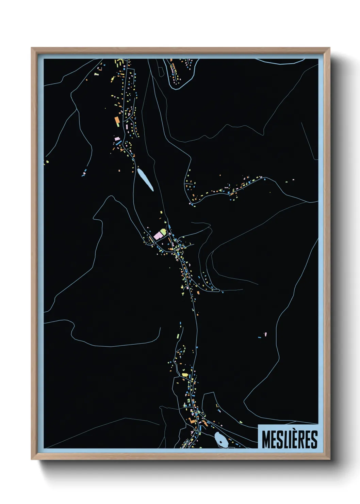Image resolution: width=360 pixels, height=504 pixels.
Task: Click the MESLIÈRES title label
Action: (289, 439)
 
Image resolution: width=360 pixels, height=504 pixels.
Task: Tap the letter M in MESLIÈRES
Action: (266, 440)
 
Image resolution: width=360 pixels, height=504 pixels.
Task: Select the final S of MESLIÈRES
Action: (314, 440)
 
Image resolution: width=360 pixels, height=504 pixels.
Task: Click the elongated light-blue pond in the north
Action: (145, 179)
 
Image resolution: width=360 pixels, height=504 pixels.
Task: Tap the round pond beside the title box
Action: (222, 441)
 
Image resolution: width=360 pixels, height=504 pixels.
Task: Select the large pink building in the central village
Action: (158, 235)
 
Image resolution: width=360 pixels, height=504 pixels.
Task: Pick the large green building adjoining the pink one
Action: (164, 232)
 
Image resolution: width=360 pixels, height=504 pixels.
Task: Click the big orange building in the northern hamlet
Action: (117, 120)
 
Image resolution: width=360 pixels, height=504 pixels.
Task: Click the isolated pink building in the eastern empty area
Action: (265, 334)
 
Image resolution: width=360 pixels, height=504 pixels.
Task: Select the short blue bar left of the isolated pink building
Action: (260, 337)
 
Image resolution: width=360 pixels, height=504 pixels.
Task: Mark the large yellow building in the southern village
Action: (185, 375)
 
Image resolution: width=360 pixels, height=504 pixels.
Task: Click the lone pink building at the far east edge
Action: (293, 179)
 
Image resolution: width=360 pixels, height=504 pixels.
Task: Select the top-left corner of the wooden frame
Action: (32, 48)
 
